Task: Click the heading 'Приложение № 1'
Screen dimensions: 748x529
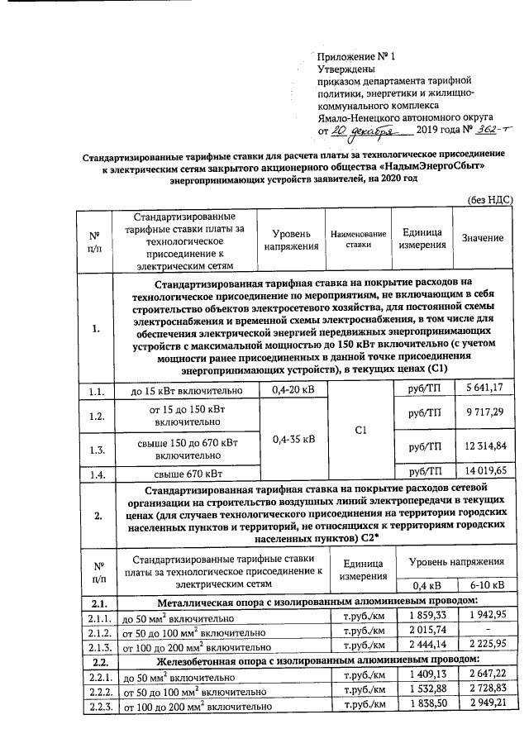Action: pyautogui.click(x=357, y=56)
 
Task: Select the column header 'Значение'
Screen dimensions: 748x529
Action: pyautogui.click(x=483, y=238)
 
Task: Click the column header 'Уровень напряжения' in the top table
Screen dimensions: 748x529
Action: pyautogui.click(x=291, y=238)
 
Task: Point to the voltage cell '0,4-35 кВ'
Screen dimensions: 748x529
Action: pyautogui.click(x=293, y=440)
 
